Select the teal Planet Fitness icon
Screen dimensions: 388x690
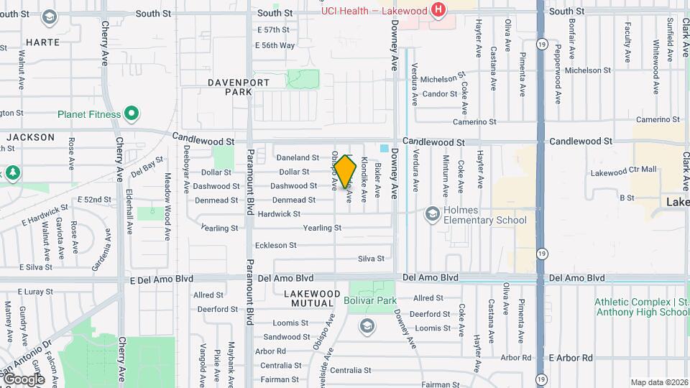[x=132, y=114]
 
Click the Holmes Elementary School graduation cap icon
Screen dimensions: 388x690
[x=432, y=214]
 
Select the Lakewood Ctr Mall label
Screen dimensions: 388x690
[x=623, y=171]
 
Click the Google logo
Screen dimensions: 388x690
[x=23, y=379]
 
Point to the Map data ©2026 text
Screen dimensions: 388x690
[x=658, y=382]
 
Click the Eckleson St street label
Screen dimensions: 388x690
[x=276, y=245]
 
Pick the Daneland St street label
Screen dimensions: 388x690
[x=298, y=157]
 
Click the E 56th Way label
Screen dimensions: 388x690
[x=275, y=45]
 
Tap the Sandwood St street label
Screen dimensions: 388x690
[x=286, y=336]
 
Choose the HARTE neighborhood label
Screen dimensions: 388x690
[x=42, y=42]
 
